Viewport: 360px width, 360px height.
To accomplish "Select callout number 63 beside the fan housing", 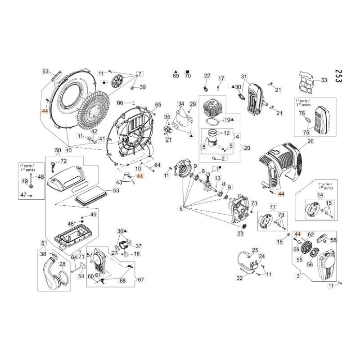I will (45, 72).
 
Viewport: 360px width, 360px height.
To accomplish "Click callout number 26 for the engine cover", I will (310, 141).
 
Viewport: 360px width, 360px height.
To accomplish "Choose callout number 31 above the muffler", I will (244, 76).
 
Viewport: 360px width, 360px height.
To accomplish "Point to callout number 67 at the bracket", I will (141, 280).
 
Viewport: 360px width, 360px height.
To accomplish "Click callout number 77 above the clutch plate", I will (272, 207).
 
